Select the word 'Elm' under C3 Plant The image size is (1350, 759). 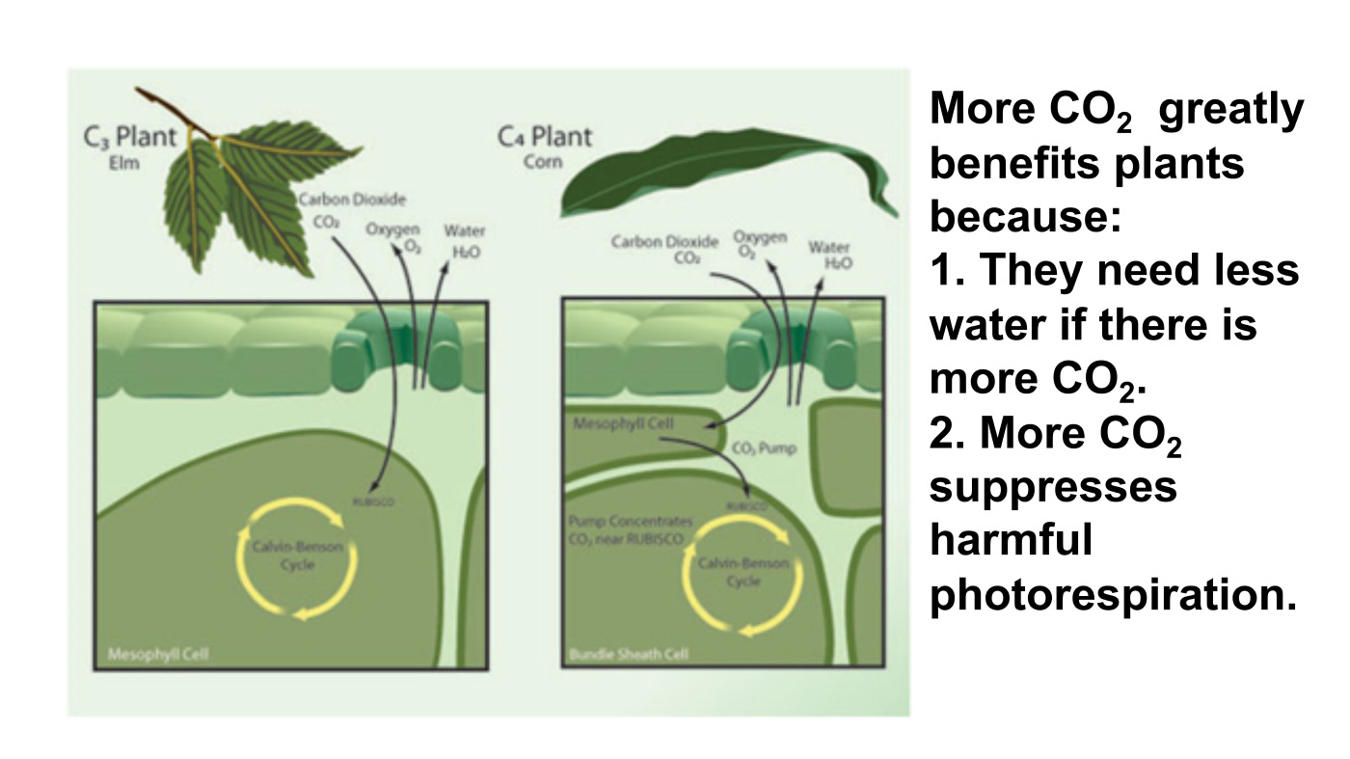click(123, 163)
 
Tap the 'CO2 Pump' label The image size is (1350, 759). click(764, 448)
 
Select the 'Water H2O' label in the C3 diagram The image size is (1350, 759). click(464, 240)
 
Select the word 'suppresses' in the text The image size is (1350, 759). click(1053, 486)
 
